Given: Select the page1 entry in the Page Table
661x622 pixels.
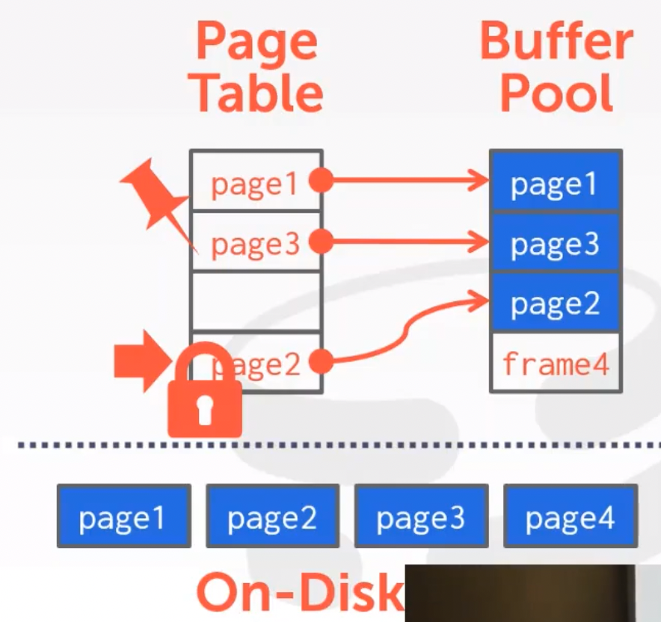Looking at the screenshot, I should click(255, 182).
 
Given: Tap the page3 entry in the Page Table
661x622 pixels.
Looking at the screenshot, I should click(255, 243).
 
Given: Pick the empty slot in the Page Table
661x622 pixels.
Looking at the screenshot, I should click(256, 301).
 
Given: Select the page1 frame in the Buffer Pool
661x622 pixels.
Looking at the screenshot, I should click(555, 182).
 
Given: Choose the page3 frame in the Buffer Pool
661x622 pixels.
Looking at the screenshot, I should click(555, 243).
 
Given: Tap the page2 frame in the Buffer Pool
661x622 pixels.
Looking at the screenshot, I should click(555, 302).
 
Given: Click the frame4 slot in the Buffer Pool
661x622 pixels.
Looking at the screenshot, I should click(555, 363).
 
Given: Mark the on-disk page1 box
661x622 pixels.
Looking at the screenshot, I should click(123, 517).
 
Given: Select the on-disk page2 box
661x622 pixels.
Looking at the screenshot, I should click(272, 517).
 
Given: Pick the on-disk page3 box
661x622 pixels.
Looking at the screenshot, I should click(421, 517).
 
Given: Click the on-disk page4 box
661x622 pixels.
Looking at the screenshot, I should click(570, 517).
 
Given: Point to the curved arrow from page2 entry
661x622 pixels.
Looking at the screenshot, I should click(404, 329).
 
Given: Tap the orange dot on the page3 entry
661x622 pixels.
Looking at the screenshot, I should click(321, 241).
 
